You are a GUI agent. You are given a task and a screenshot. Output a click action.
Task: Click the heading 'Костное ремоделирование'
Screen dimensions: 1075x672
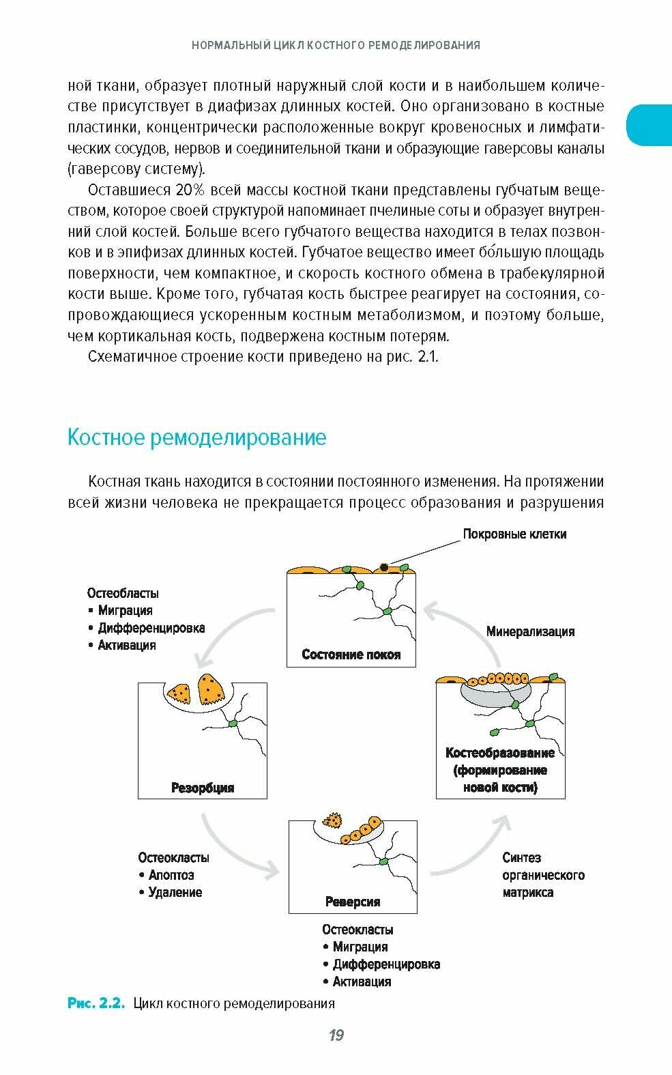[x=196, y=438]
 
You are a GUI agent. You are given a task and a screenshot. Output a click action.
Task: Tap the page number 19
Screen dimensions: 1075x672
[x=336, y=1035]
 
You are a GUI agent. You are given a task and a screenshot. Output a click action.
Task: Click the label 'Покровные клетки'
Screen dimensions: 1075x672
[x=514, y=534]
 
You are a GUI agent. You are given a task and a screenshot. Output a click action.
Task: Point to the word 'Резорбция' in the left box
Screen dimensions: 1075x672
[x=203, y=788]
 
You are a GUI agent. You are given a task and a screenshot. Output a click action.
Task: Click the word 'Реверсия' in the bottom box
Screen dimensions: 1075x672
[x=353, y=902]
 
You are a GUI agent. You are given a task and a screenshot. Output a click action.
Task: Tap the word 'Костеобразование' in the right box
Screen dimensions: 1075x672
[x=500, y=754]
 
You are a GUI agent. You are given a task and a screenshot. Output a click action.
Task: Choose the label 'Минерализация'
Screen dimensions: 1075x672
[x=530, y=631]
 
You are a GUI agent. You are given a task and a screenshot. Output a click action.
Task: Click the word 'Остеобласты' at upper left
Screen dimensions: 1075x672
[x=123, y=593]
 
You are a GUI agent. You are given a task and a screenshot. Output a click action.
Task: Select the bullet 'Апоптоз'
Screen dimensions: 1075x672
[x=171, y=875]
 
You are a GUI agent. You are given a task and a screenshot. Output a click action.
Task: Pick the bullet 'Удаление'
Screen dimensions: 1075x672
[x=175, y=892]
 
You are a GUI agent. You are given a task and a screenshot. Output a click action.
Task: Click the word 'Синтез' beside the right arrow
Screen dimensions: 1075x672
[x=521, y=858]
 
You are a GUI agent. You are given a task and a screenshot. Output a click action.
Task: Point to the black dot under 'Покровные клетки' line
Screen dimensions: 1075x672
[x=385, y=567]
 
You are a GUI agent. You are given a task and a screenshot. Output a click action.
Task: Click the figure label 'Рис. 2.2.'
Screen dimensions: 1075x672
[x=96, y=1003]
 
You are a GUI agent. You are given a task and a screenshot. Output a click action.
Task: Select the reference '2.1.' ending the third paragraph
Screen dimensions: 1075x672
[x=427, y=357]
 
